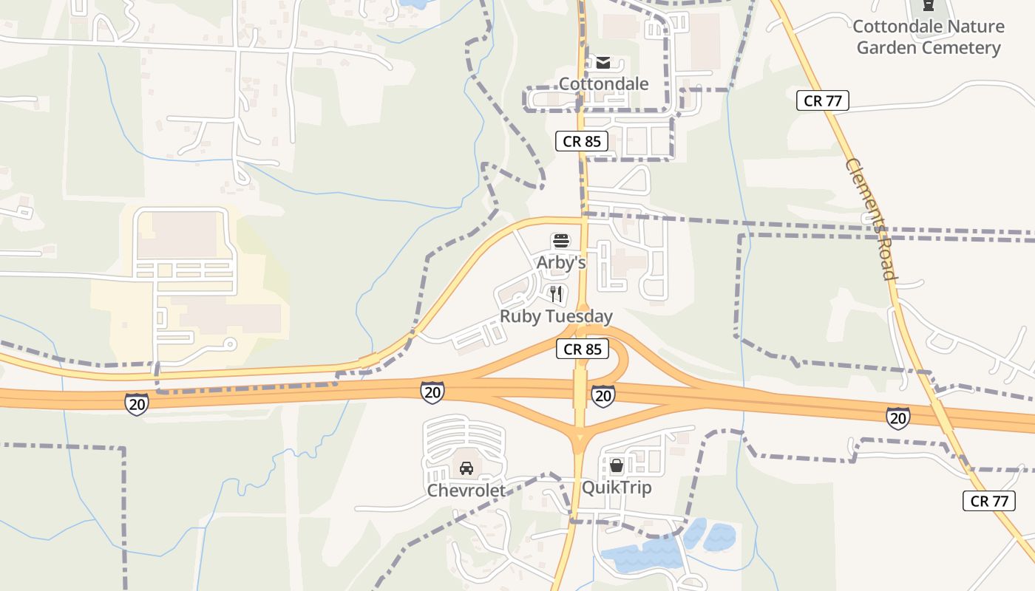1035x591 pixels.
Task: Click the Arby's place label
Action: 561,262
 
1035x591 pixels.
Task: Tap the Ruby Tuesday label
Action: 556,316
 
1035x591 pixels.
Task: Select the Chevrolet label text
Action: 466,490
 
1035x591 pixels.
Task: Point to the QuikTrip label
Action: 616,488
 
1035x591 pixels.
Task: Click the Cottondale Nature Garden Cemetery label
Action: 928,37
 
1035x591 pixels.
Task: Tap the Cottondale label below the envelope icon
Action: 603,83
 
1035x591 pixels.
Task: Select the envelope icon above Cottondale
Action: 603,62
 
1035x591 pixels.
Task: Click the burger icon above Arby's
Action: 561,241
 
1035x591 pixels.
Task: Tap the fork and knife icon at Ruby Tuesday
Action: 556,294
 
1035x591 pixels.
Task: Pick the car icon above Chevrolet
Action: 466,468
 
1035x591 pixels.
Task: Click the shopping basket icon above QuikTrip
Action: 616,465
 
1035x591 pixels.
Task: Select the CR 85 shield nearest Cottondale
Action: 582,141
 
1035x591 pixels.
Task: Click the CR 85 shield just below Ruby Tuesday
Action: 583,349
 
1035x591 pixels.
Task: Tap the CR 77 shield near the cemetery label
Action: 822,100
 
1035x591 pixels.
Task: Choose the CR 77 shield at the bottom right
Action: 989,501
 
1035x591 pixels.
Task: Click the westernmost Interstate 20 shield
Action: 137,403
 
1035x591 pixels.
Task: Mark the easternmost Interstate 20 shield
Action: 897,418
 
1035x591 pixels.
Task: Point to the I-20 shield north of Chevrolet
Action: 432,392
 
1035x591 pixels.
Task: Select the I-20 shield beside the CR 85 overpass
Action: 603,396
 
